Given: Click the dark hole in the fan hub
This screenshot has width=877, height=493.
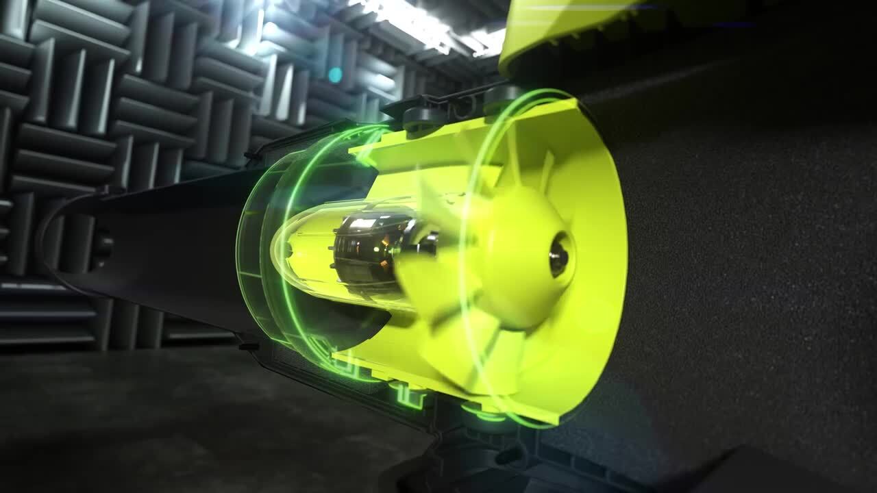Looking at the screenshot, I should pos(559,255).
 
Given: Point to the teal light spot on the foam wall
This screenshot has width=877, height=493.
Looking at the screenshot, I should pos(334,75).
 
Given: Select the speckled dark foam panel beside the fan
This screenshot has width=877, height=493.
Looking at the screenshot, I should pos(740,274).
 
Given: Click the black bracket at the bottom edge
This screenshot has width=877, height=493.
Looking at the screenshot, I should pos(521,472).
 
